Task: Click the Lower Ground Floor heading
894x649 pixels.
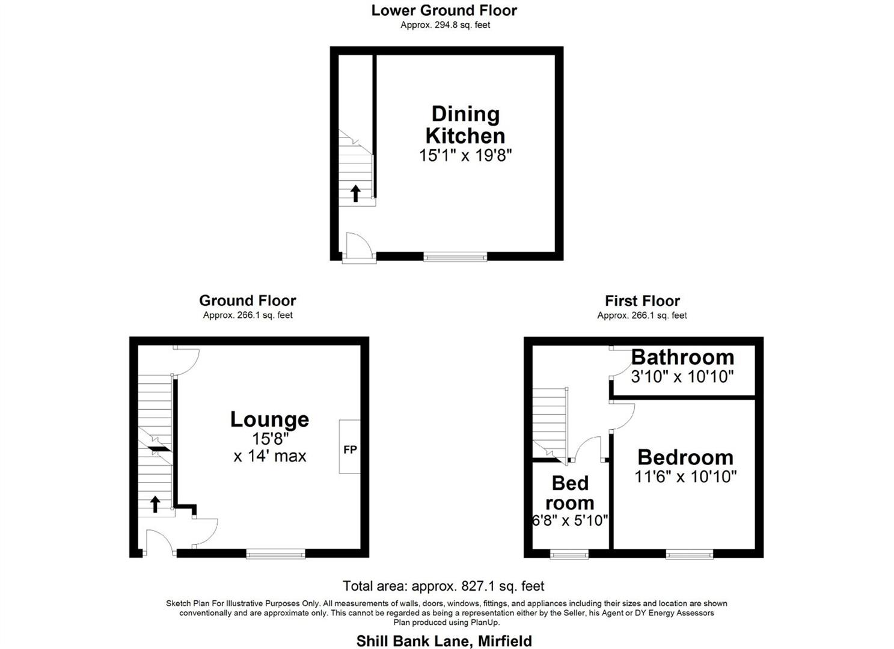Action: click(x=444, y=10)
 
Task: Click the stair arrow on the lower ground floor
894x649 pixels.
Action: click(x=355, y=193)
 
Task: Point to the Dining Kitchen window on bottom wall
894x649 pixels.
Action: click(x=455, y=257)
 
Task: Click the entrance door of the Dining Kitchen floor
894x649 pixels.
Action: click(x=358, y=247)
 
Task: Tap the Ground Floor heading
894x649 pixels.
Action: click(x=247, y=300)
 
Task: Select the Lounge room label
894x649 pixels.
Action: click(x=269, y=419)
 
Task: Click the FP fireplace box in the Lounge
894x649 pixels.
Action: click(x=349, y=448)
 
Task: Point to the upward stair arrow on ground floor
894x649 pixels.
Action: click(x=155, y=504)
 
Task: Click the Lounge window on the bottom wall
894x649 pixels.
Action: click(x=276, y=553)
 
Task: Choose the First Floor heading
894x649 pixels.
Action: click(x=642, y=300)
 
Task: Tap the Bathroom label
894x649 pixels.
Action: click(x=682, y=357)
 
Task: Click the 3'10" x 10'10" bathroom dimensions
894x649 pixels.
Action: click(x=682, y=377)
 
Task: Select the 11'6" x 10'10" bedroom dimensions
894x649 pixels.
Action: click(x=685, y=477)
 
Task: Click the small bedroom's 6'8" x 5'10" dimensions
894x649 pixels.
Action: click(x=570, y=520)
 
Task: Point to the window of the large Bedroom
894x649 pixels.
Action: click(x=689, y=553)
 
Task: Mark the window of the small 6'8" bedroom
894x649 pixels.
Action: click(x=569, y=553)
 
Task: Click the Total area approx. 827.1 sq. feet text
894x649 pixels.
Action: click(x=443, y=585)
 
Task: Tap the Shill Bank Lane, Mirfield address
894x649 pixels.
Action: click(x=444, y=641)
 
